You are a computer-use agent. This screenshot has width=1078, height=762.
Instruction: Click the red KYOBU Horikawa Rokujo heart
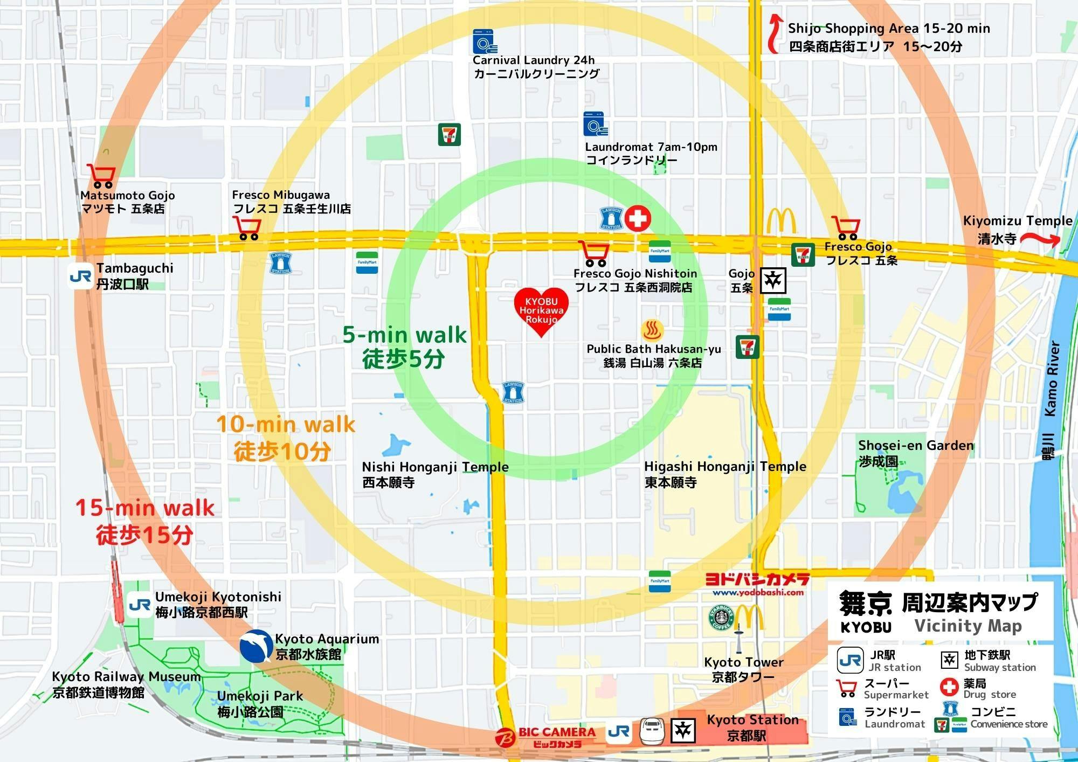pyautogui.click(x=541, y=311)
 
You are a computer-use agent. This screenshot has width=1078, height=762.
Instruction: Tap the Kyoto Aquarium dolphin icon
pyautogui.click(x=255, y=646)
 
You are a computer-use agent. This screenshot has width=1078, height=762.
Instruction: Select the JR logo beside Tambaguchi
pyautogui.click(x=80, y=276)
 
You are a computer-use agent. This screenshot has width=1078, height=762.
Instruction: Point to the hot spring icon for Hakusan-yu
pyautogui.click(x=652, y=330)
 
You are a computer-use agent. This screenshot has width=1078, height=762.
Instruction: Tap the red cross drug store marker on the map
pyautogui.click(x=637, y=218)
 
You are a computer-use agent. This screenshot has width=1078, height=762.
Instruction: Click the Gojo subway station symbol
pyautogui.click(x=773, y=280)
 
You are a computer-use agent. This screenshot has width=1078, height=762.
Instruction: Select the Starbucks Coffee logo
pyautogui.click(x=721, y=618)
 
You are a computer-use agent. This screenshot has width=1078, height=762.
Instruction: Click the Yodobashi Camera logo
pyautogui.click(x=757, y=584)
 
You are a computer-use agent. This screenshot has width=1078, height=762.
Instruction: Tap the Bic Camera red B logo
pyautogui.click(x=505, y=737)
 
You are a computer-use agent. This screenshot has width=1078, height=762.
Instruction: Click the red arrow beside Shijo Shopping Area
pyautogui.click(x=775, y=33)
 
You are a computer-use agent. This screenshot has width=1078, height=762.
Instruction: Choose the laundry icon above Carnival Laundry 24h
pyautogui.click(x=485, y=41)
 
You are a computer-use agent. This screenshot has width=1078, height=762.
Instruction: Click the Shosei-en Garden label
pyautogui.click(x=916, y=446)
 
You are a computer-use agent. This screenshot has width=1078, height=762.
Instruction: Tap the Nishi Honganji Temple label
pyautogui.click(x=435, y=467)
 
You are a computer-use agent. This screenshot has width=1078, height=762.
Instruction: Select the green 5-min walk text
pyautogui.click(x=404, y=335)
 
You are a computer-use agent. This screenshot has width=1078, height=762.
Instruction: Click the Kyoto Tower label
pyautogui.click(x=744, y=662)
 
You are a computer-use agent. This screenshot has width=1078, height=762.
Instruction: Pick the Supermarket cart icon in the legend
pyautogui.click(x=847, y=688)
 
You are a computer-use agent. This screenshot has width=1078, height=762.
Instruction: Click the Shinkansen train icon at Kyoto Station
pyautogui.click(x=651, y=731)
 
